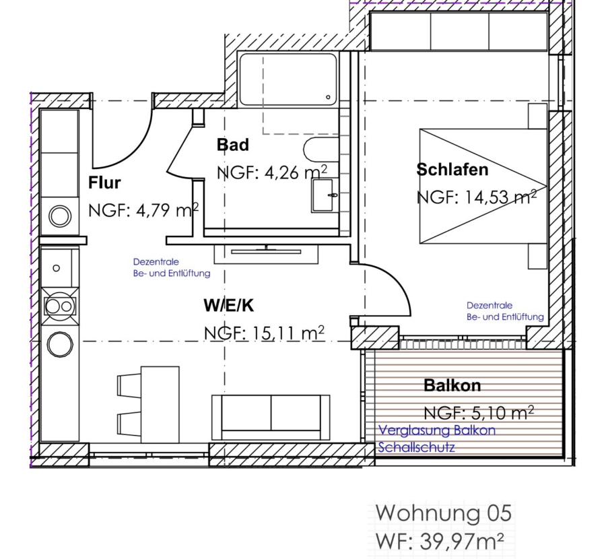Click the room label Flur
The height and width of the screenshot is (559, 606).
point(104,183)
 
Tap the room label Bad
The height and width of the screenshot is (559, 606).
point(233,145)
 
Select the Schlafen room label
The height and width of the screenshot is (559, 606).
point(452,170)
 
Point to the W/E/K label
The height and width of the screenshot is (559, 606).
point(229,306)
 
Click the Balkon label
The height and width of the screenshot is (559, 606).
point(452,385)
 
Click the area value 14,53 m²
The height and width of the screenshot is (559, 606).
point(500,197)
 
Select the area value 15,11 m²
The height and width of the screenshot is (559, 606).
point(288,333)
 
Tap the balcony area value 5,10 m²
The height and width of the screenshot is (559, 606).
point(503,413)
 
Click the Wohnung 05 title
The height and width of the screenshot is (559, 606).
point(444,513)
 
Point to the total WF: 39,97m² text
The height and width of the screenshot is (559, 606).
point(440,541)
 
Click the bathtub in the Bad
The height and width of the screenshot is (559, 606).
point(288,79)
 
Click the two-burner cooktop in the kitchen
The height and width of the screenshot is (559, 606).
point(61,306)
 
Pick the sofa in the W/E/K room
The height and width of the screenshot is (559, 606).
point(271,417)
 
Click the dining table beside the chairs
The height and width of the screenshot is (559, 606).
point(160,404)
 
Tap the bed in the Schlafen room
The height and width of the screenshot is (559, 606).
point(483,187)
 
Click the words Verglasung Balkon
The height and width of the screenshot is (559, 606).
point(437,430)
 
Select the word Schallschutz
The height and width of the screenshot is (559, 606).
point(416,447)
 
